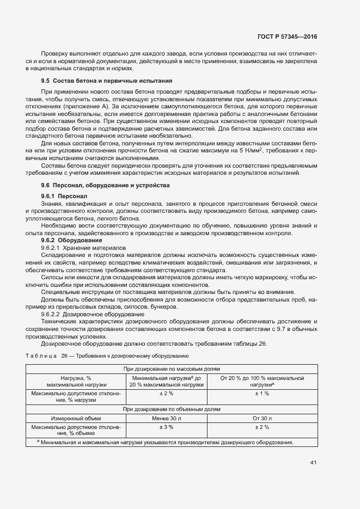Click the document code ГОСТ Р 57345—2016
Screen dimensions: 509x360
click(287, 37)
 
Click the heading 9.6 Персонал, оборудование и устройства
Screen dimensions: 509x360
click(109, 186)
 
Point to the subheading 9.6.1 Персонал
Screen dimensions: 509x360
click(64, 195)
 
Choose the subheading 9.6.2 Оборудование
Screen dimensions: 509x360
click(71, 240)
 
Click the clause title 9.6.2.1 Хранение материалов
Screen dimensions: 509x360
click(83, 248)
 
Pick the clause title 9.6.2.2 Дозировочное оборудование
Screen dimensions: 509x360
click(92, 315)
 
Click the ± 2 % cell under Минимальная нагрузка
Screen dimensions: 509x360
click(166, 393)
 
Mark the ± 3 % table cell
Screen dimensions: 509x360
click(166, 427)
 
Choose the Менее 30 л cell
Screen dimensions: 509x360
click(166, 418)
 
